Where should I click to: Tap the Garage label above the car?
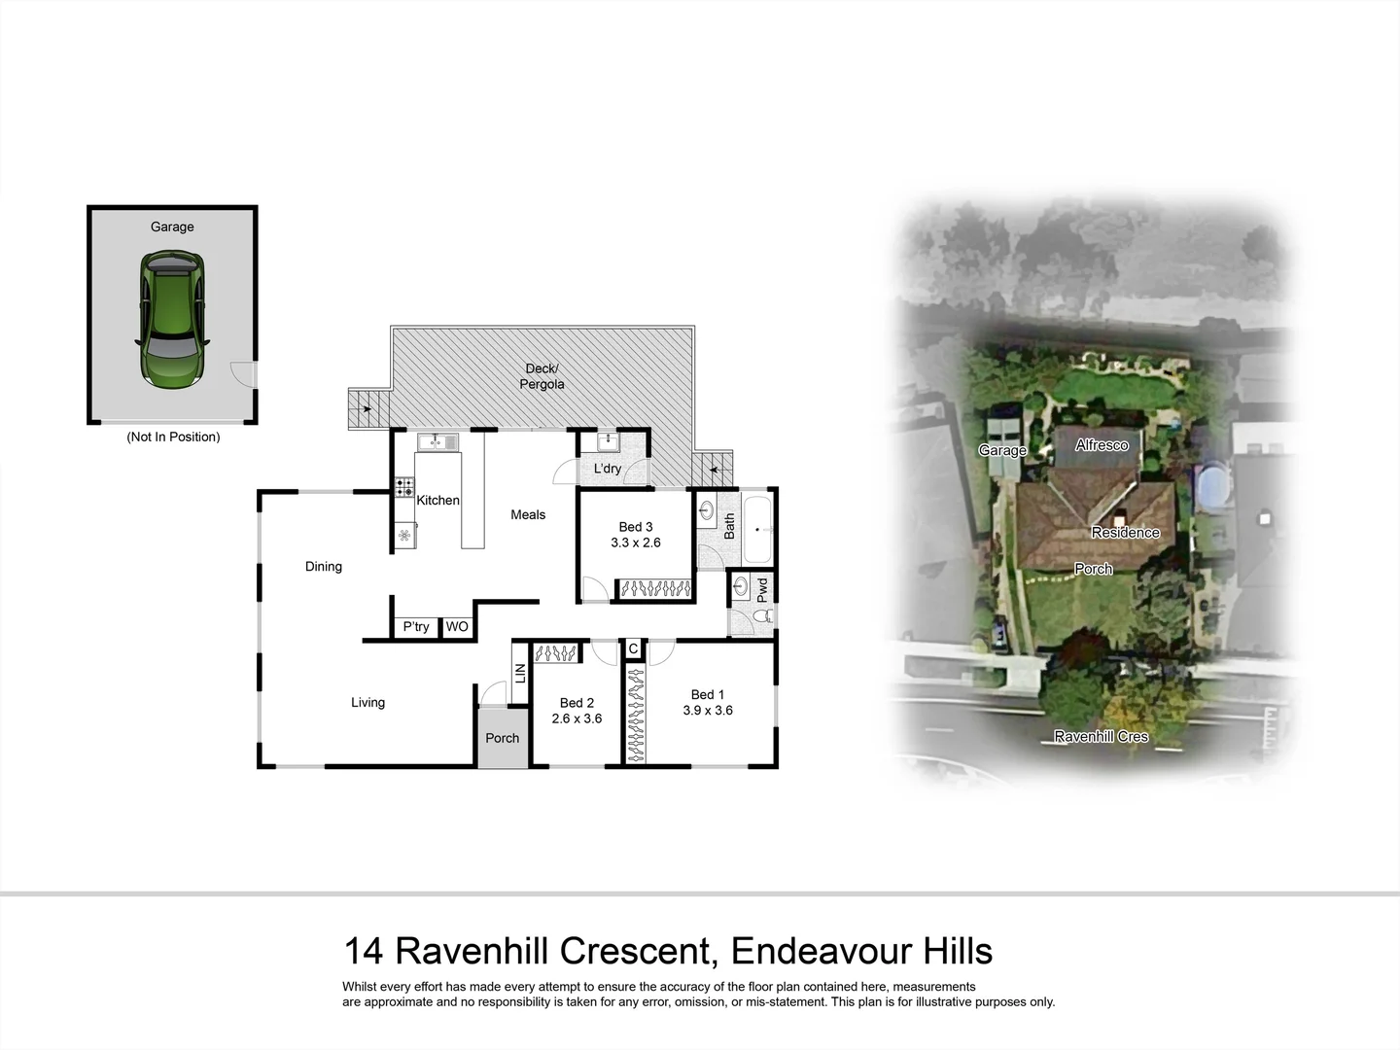(172, 227)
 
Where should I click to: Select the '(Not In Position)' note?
(173, 437)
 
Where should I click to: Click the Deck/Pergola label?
(542, 376)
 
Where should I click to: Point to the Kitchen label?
(437, 500)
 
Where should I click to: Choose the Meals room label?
(528, 514)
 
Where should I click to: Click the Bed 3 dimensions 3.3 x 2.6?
(636, 542)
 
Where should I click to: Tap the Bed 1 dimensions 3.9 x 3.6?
(708, 711)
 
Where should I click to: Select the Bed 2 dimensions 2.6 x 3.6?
(577, 718)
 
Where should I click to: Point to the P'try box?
(416, 627)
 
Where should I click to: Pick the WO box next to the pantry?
(457, 627)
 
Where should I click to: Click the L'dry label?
(608, 469)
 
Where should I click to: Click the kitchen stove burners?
(403, 486)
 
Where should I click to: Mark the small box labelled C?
(633, 648)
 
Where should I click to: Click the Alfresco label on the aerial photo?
(1102, 444)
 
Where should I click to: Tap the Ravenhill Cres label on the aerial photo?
(1102, 736)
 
